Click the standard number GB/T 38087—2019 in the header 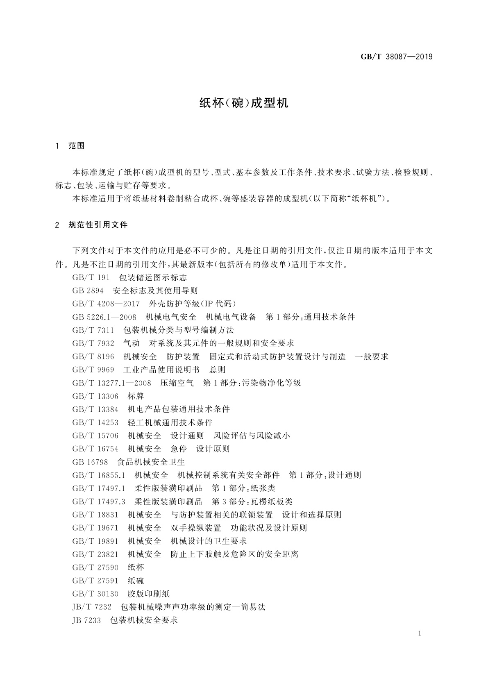tap(396, 57)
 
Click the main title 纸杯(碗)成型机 tap(244, 103)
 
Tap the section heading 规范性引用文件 tap(98, 225)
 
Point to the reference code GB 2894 tap(88, 291)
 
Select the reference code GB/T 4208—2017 tap(106, 304)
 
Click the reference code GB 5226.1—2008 tap(104, 317)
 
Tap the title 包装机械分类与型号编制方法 tap(179, 330)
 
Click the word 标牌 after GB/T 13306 tap(136, 396)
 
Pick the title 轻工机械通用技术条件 tap(170, 422)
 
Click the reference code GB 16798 tap(90, 462)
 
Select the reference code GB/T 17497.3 tap(98, 502)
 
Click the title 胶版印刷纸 tap(148, 594)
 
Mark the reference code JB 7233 tap(86, 620)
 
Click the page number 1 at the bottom tap(420, 634)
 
